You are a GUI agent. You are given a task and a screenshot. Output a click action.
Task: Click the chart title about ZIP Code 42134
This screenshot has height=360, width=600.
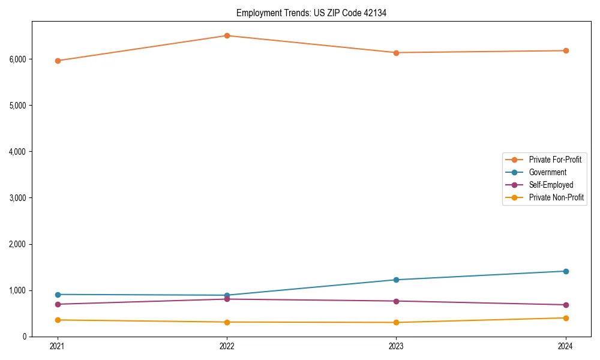point(311,13)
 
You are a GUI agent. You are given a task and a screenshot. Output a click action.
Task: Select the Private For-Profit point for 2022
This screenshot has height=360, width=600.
point(227,35)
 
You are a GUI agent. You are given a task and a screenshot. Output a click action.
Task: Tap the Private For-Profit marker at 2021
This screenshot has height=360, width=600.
point(58,61)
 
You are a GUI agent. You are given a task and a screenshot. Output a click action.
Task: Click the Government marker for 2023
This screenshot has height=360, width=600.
point(396,280)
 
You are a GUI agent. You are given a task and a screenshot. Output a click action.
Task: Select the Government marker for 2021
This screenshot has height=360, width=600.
point(58,295)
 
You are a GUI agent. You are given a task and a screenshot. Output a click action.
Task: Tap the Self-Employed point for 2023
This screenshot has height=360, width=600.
point(396,301)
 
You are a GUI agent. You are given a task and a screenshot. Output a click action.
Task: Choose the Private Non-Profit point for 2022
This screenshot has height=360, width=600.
point(227,322)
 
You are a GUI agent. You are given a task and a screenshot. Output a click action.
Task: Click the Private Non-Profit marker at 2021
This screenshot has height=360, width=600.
point(58,320)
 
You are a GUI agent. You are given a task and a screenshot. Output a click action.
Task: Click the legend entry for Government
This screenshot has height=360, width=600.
point(547,172)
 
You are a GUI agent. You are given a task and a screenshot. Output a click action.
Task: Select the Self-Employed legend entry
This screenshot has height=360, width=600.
point(551,185)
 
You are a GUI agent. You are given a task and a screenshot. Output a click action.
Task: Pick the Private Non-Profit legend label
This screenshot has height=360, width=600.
point(556,197)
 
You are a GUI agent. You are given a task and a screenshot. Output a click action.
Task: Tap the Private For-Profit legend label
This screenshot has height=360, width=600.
point(555,160)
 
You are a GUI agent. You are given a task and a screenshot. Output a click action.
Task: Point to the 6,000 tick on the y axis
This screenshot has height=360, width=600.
point(17,59)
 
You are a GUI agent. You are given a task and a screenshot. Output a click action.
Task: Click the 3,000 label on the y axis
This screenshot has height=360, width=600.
point(17,197)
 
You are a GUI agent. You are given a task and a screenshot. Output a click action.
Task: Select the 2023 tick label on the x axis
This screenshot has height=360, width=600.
point(396,346)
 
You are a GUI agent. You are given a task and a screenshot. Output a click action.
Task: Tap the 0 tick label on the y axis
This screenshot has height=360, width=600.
point(24,337)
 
